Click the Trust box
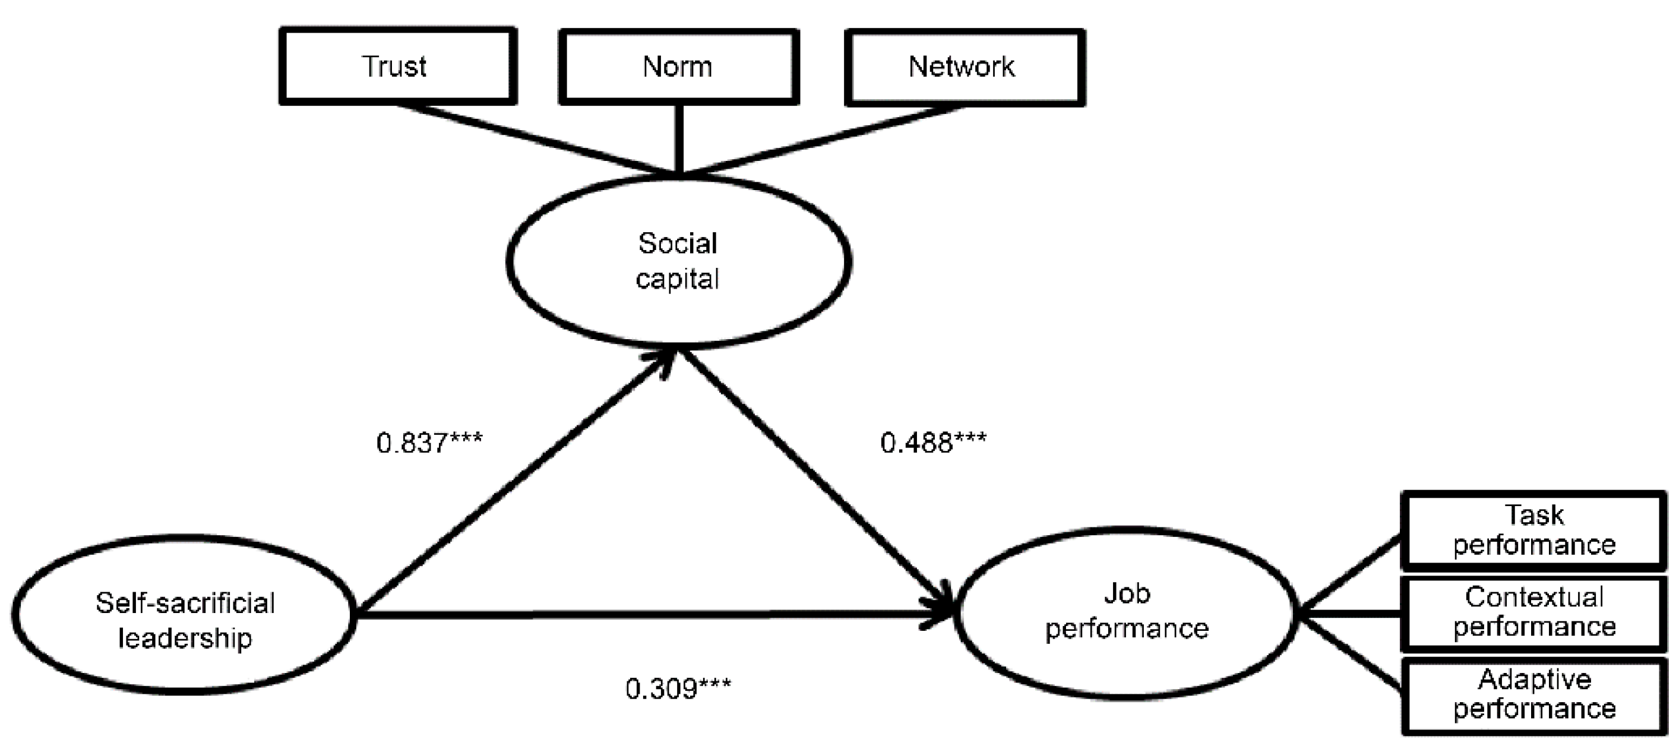(397, 67)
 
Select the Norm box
(679, 67)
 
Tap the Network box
(965, 67)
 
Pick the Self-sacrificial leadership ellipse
(184, 615)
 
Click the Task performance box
(1533, 531)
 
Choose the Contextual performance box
(1533, 613)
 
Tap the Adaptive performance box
(1533, 695)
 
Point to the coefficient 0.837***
(429, 443)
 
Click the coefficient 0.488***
(933, 443)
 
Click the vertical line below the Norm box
(679, 138)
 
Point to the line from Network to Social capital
(823, 139)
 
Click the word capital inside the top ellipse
(677, 280)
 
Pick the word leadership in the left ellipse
(185, 638)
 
